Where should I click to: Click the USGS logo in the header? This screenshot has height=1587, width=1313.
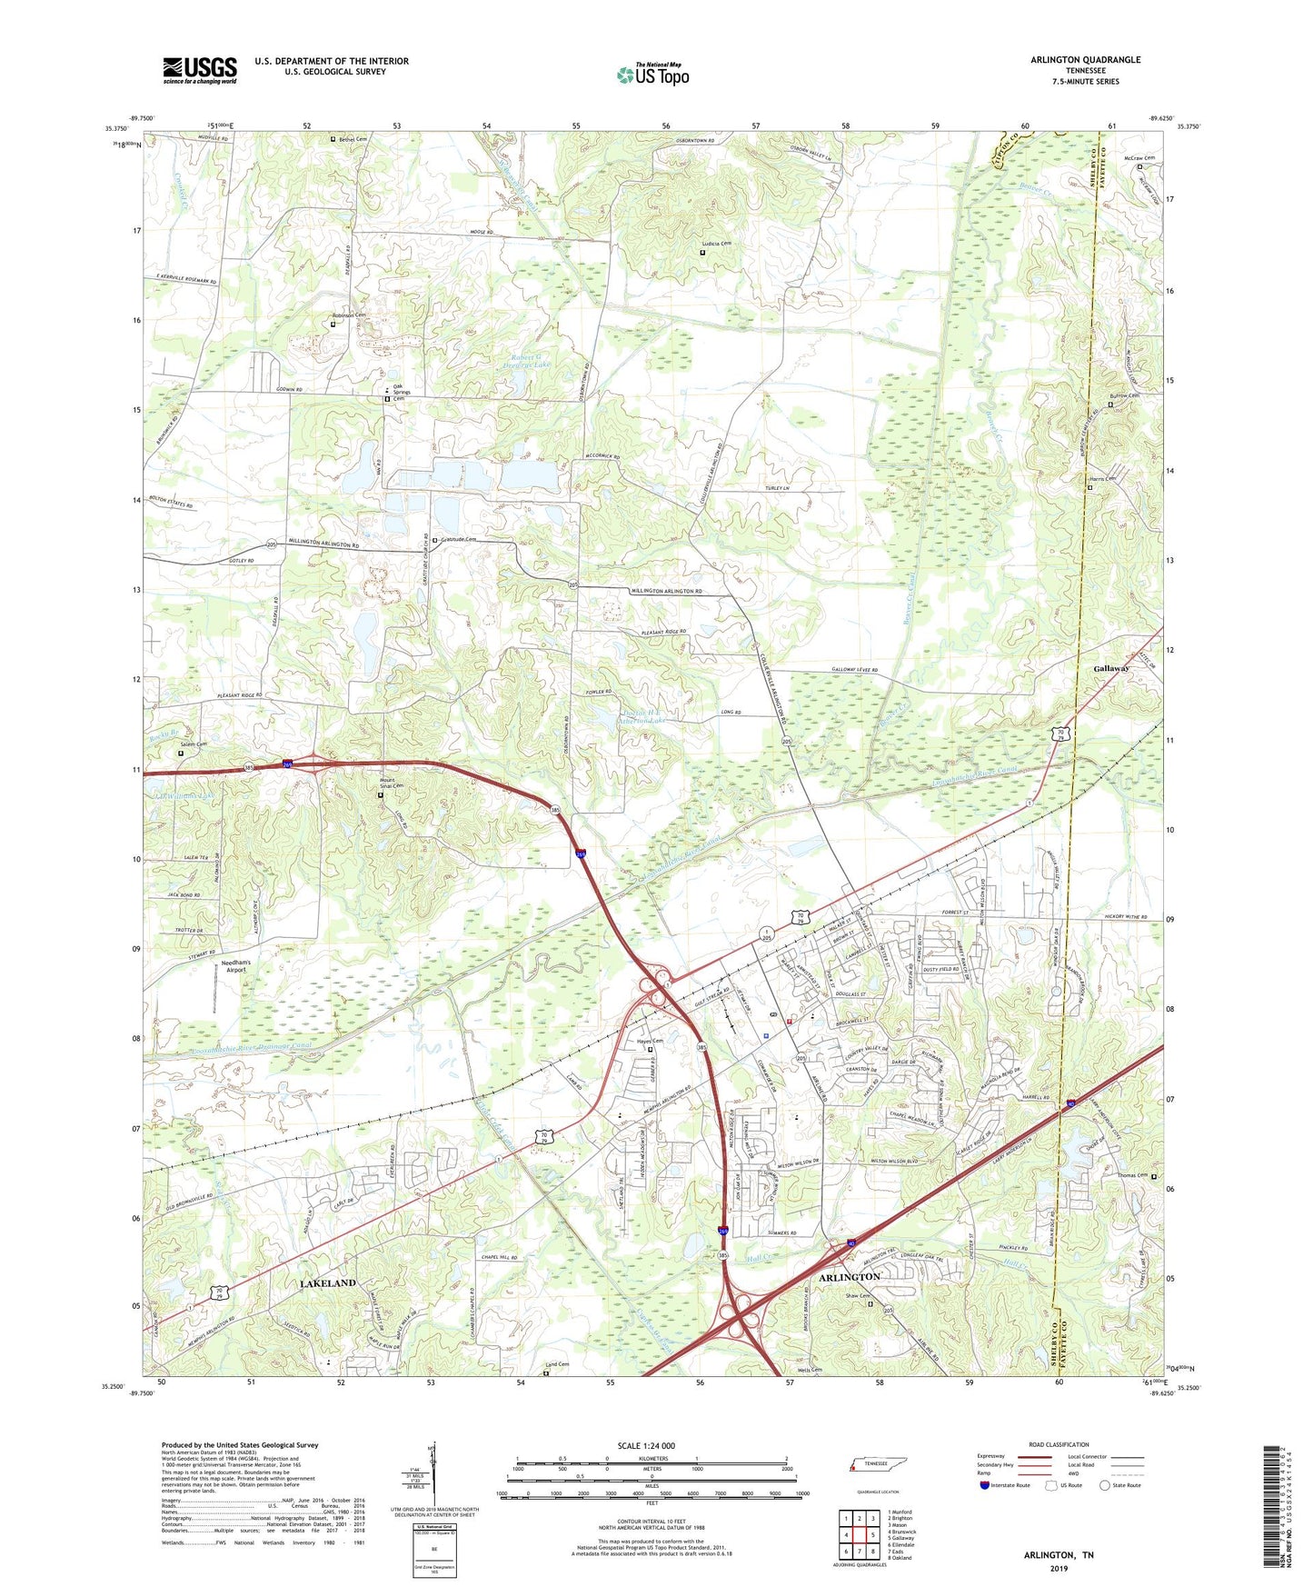coord(200,70)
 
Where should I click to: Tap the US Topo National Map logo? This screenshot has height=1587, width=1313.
coord(652,74)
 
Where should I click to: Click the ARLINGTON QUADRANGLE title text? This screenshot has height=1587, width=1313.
coord(1085,60)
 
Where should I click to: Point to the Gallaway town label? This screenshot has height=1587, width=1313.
coord(1110,668)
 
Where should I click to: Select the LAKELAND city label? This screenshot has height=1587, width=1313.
coord(327,1283)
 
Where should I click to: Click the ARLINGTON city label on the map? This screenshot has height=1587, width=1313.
coord(850,1277)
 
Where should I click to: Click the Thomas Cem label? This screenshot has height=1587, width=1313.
coord(1132,1176)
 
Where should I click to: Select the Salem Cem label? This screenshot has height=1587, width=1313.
coord(195,744)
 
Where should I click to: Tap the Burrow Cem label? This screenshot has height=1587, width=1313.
coord(1124,396)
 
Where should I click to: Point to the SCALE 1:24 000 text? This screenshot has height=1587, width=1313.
coord(645,1446)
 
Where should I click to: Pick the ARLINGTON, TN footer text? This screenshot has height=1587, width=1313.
coord(1059,1555)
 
